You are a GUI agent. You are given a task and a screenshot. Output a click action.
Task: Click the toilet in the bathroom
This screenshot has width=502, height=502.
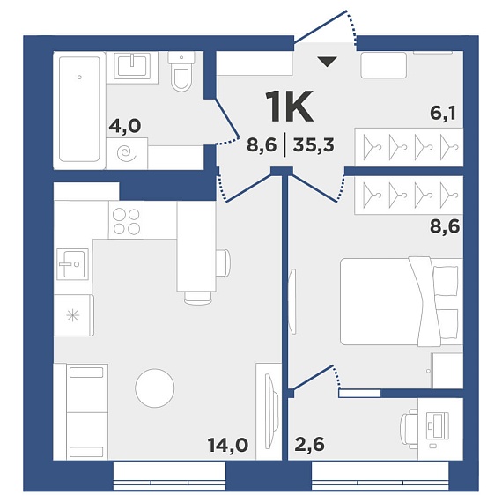click(x=181, y=71)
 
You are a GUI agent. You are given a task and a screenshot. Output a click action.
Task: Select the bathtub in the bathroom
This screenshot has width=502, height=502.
click(x=79, y=109)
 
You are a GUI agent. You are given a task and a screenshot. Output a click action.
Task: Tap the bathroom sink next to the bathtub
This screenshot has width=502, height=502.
click(x=132, y=66)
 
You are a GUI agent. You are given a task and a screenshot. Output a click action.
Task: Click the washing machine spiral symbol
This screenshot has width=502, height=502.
click(x=127, y=153)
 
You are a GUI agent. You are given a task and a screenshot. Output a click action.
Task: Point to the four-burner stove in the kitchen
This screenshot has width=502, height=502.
click(x=126, y=220)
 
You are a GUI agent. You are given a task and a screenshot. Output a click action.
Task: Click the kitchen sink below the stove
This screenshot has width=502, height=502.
click(x=72, y=264)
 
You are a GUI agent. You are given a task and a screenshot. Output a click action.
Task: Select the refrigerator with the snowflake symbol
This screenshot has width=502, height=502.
click(x=73, y=315)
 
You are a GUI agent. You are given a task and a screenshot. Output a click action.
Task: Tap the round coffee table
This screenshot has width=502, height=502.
click(x=155, y=388)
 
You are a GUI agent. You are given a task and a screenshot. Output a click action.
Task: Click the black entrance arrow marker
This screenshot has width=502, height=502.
click(x=328, y=62)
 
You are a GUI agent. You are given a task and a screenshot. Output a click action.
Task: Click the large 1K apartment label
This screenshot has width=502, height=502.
click(x=290, y=107)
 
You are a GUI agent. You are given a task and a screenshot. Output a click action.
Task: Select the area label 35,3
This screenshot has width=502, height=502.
click(x=314, y=145)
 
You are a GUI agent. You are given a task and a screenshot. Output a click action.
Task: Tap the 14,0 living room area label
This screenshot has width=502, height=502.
click(x=227, y=445)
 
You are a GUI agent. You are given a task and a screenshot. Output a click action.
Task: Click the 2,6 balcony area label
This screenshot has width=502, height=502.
click(x=310, y=444)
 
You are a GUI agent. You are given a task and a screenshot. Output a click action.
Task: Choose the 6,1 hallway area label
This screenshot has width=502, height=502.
click(x=443, y=113)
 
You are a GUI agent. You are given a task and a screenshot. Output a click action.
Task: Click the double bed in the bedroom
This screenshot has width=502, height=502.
click(x=402, y=301)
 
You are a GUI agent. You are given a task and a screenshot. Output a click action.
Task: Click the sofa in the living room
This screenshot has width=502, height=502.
click(x=81, y=411)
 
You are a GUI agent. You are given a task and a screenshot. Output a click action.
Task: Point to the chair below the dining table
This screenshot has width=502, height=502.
click(x=197, y=298)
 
